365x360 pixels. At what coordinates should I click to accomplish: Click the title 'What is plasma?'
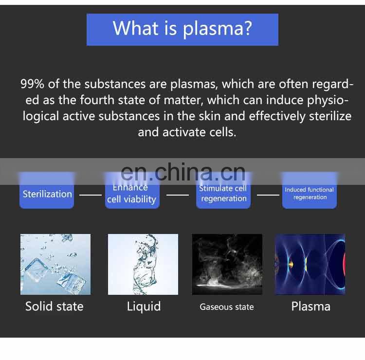pyautogui.click(x=182, y=29)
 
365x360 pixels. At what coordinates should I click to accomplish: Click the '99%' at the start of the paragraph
pyautogui.click(x=33, y=84)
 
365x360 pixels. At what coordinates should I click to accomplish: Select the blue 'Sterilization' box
pyautogui.click(x=47, y=195)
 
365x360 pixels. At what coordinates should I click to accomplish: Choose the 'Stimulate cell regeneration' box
pyautogui.click(x=223, y=194)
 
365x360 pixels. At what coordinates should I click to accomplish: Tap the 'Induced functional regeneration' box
pyautogui.click(x=310, y=194)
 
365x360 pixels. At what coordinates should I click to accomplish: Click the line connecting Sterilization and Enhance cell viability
pyautogui.click(x=90, y=195)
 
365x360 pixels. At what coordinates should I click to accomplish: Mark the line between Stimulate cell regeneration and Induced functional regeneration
pyautogui.click(x=268, y=195)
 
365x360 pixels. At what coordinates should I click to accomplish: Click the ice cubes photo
pyautogui.click(x=55, y=264)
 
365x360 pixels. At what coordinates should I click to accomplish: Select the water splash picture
pyautogui.click(x=143, y=264)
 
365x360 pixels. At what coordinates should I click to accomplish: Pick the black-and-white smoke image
pyautogui.click(x=227, y=264)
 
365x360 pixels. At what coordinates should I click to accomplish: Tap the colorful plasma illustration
pyautogui.click(x=310, y=264)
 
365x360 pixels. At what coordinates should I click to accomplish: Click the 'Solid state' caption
pyautogui.click(x=55, y=306)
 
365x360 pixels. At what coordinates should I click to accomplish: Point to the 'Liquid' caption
pyautogui.click(x=144, y=306)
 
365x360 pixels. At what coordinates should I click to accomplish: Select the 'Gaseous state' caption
pyautogui.click(x=227, y=307)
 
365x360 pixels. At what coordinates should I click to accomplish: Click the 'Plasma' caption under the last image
pyautogui.click(x=310, y=306)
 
